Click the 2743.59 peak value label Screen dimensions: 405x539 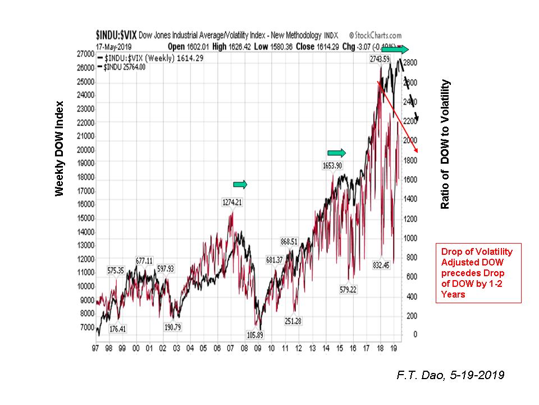tap(380, 58)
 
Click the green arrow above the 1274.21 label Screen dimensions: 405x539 tap(240, 184)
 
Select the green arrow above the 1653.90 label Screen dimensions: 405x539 tap(337, 152)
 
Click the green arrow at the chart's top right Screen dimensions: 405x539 tap(396, 49)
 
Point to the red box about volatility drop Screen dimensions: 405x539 tap(478, 273)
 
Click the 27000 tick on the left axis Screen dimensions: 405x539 tap(86, 54)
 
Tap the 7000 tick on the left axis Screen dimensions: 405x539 tap(88, 327)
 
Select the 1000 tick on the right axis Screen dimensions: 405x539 tap(412, 237)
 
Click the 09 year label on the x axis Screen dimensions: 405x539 tap(258, 349)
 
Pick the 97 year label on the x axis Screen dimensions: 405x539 tap(97, 349)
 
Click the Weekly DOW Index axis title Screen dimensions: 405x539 tap(59, 148)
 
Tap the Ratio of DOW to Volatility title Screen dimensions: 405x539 tap(445, 145)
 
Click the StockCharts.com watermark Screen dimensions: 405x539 tap(375, 35)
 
